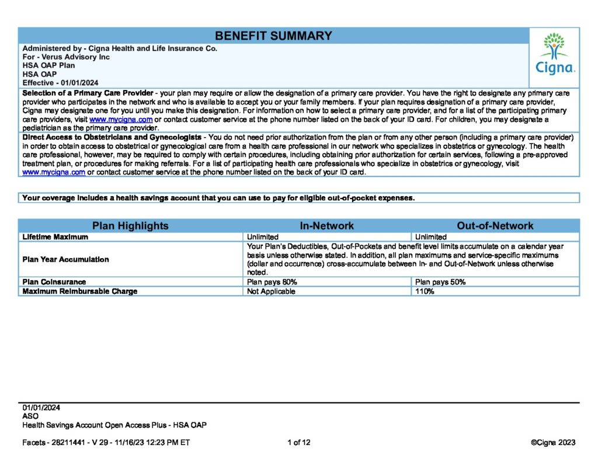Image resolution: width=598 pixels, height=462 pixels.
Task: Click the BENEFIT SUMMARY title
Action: point(273,36)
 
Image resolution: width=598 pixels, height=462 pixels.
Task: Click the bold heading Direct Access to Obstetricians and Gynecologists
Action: point(111,137)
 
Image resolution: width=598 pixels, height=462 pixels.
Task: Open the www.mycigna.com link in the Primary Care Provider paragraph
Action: point(117,120)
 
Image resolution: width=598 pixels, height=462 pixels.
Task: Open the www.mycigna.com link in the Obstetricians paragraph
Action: point(54,172)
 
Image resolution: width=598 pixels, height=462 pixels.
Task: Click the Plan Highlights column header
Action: point(130,226)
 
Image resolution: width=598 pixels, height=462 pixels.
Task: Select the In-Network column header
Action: point(327,226)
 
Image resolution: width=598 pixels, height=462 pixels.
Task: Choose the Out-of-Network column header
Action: point(495,226)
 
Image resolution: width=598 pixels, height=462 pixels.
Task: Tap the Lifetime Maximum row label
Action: point(55,237)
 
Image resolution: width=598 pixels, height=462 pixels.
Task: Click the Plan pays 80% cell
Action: point(272,282)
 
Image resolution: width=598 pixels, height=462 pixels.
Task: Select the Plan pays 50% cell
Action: point(440,282)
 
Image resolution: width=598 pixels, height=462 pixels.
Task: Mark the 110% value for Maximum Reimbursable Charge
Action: point(425,291)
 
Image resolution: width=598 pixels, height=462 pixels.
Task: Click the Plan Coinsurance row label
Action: point(54,282)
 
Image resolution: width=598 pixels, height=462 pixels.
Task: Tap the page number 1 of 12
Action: point(299,442)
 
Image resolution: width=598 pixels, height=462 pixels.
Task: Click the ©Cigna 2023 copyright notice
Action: point(553,442)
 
